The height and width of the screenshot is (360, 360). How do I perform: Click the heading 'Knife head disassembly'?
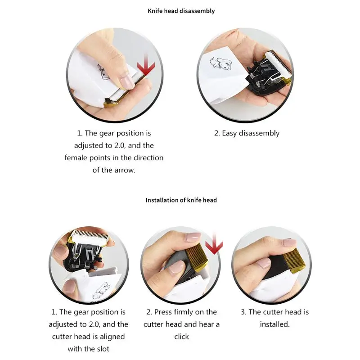tap(181, 11)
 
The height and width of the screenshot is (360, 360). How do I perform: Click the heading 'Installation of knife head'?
tap(181, 200)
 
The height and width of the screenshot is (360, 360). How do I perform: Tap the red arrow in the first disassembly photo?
tap(146, 65)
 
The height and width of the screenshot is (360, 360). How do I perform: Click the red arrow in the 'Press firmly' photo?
tap(214, 243)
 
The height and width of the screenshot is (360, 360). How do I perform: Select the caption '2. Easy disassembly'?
tap(247, 133)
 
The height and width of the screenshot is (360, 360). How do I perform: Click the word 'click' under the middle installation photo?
tap(181, 337)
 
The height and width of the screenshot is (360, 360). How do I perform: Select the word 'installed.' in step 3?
tap(275, 324)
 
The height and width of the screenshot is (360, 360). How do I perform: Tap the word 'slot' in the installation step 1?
tap(103, 349)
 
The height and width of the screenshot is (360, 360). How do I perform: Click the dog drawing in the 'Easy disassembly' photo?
tap(221, 63)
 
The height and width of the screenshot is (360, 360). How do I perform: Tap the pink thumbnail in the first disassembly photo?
tap(126, 81)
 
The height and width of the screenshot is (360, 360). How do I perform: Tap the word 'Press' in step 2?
tap(163, 312)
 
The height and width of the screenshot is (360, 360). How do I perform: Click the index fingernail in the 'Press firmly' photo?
tap(193, 237)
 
